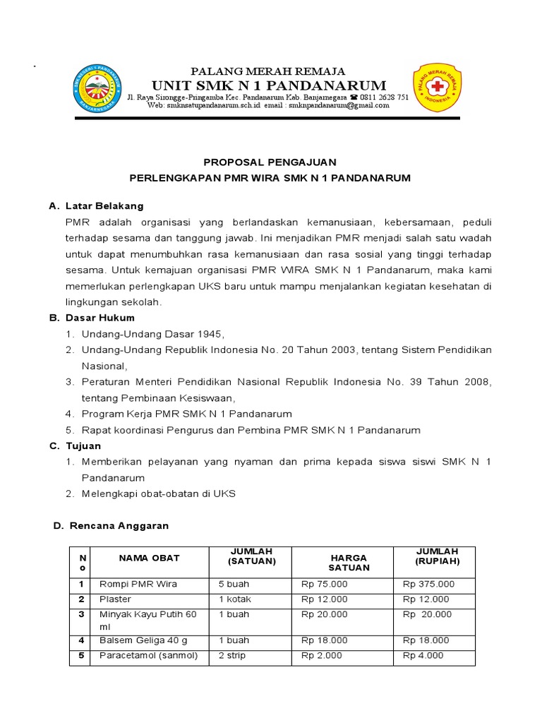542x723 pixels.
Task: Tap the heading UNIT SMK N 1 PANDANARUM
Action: click(x=267, y=85)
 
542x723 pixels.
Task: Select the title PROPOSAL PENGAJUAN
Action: click(x=270, y=162)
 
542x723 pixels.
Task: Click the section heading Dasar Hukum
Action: click(x=100, y=318)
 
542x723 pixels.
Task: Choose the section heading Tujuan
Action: click(x=83, y=446)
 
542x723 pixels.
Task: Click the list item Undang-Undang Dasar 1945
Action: click(x=152, y=334)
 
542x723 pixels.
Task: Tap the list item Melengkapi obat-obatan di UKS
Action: click(x=159, y=494)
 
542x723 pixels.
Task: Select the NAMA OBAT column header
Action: click(x=149, y=558)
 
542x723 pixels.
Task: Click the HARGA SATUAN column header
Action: click(x=349, y=563)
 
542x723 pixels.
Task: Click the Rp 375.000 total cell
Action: click(x=428, y=584)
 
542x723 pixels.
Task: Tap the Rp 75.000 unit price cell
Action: click(x=325, y=584)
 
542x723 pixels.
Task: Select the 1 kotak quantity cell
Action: click(x=234, y=599)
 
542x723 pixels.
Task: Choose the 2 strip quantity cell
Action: click(x=232, y=655)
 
